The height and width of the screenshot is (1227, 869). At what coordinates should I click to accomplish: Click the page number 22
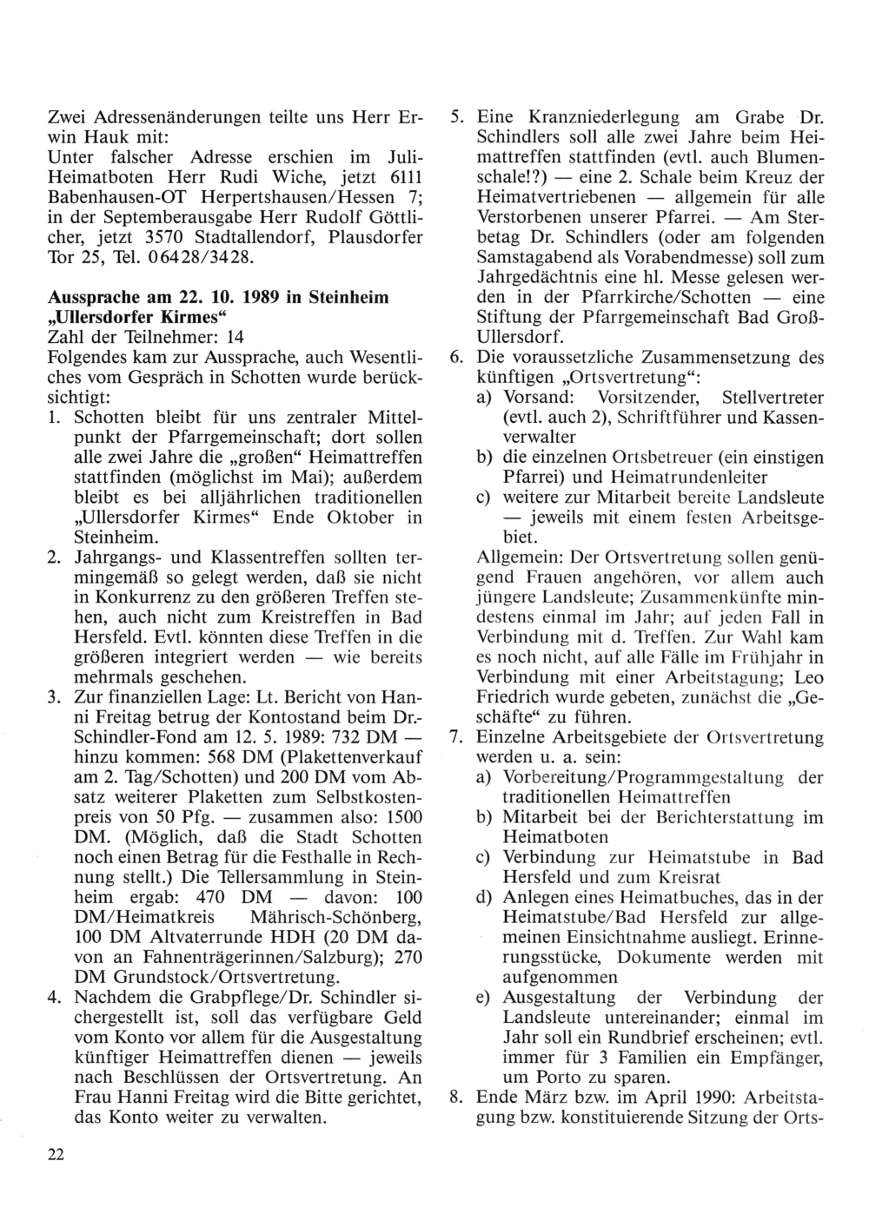[56, 1153]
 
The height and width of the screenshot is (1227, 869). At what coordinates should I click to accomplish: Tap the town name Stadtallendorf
[280, 238]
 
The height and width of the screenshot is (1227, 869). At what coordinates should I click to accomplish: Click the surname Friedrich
[519, 697]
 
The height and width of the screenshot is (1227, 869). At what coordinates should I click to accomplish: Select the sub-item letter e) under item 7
[485, 997]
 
